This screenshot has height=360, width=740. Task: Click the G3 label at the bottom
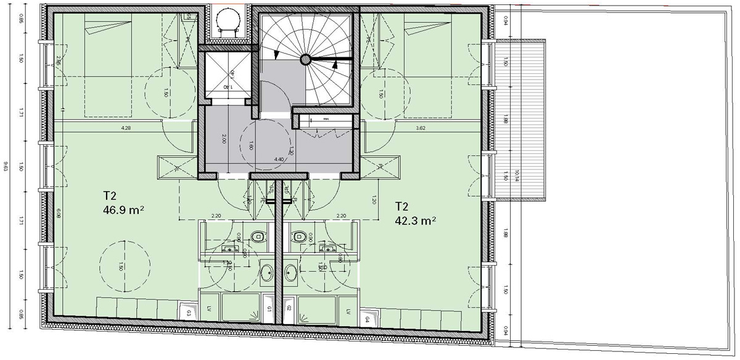[189, 313]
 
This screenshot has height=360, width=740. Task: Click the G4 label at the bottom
[367, 319]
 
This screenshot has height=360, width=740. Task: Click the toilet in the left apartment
[258, 236]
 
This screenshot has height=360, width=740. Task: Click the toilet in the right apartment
[300, 236]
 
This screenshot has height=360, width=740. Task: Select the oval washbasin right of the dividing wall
[290, 272]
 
